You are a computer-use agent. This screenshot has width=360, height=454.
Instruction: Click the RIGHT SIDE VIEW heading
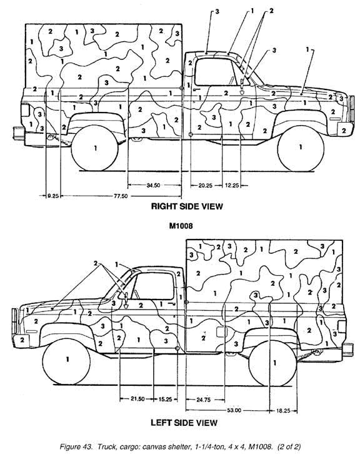pyautogui.click(x=187, y=206)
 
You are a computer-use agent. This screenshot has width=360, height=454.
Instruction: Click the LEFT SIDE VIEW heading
pyautogui.click(x=184, y=423)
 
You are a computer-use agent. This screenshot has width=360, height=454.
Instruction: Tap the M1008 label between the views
pyautogui.click(x=181, y=226)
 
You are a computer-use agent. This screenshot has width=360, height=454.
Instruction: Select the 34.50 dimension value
pyautogui.click(x=153, y=185)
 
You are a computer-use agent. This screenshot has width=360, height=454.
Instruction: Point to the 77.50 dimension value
pyautogui.click(x=121, y=196)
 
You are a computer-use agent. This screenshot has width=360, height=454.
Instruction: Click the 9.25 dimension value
pyautogui.click(x=53, y=196)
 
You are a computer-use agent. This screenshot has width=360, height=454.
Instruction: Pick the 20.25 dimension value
pyautogui.click(x=206, y=185)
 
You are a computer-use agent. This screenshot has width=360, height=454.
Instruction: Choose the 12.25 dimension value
pyautogui.click(x=232, y=185)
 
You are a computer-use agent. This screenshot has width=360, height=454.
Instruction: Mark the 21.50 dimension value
pyautogui.click(x=137, y=399)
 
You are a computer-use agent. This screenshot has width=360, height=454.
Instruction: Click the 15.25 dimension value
pyautogui.click(x=165, y=399)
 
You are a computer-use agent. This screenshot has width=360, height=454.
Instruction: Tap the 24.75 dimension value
pyautogui.click(x=204, y=400)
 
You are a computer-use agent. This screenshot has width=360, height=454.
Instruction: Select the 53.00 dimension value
pyautogui.click(x=234, y=410)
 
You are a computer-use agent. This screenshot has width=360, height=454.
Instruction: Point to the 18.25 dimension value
pyautogui.click(x=283, y=411)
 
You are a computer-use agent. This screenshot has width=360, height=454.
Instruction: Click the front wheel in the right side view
pyautogui.click(x=301, y=148)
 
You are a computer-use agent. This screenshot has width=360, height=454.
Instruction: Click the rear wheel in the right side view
pyautogui.click(x=94, y=148)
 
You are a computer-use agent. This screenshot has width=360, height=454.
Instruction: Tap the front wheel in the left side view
pyautogui.click(x=66, y=362)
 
